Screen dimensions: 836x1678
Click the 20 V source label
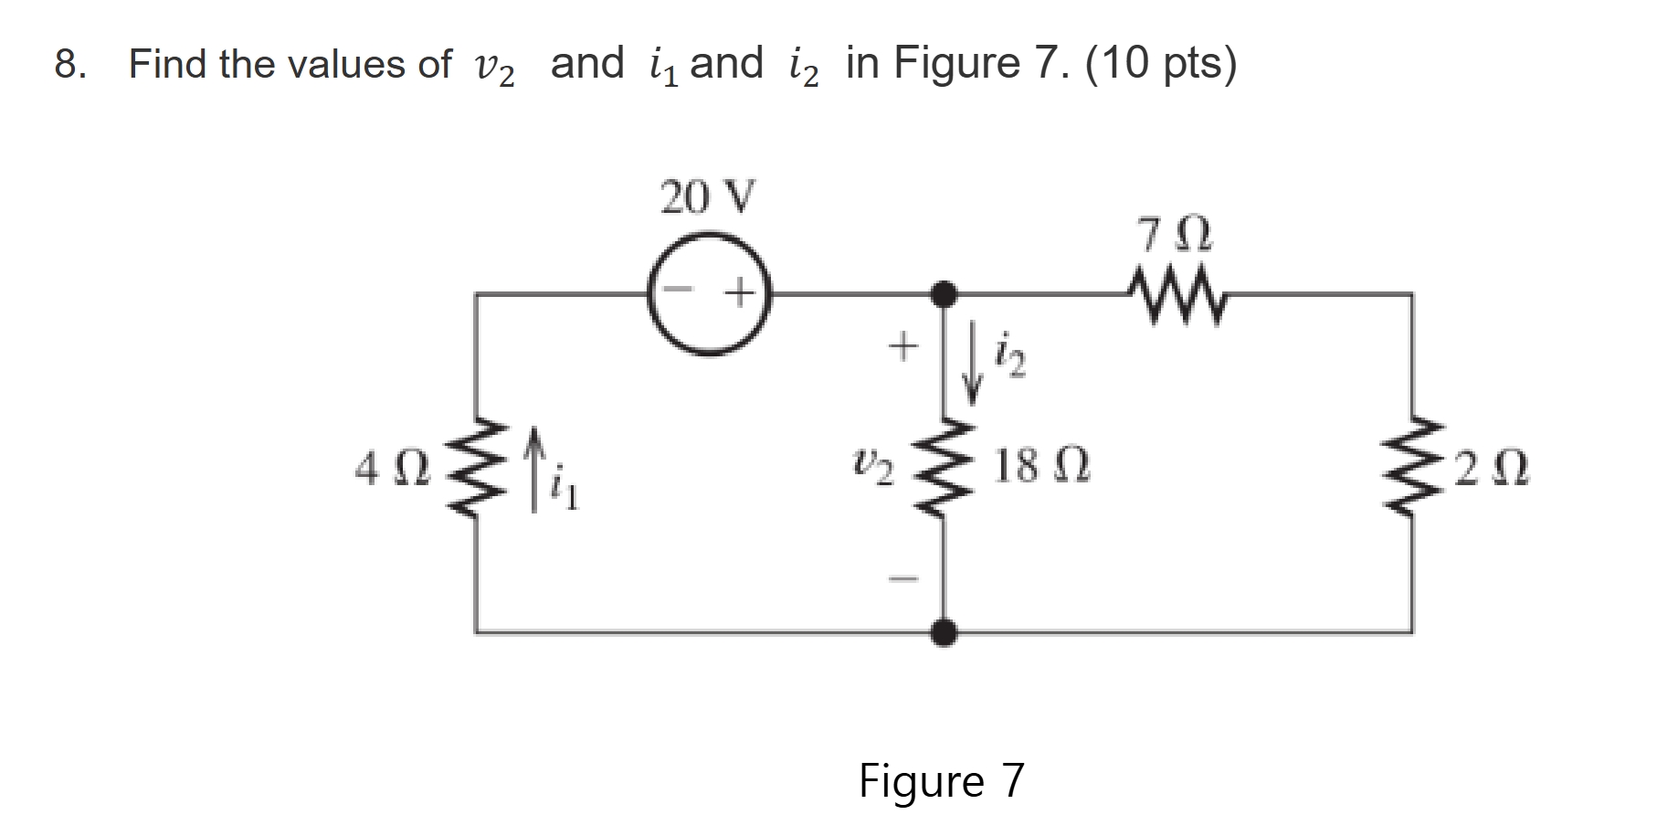click(708, 197)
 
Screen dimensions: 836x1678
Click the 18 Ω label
click(1041, 467)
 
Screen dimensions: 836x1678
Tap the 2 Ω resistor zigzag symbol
click(1412, 467)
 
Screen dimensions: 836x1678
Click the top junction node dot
click(943, 294)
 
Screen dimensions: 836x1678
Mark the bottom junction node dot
click(944, 631)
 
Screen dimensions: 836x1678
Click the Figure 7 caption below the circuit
click(942, 781)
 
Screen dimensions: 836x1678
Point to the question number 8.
click(69, 65)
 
